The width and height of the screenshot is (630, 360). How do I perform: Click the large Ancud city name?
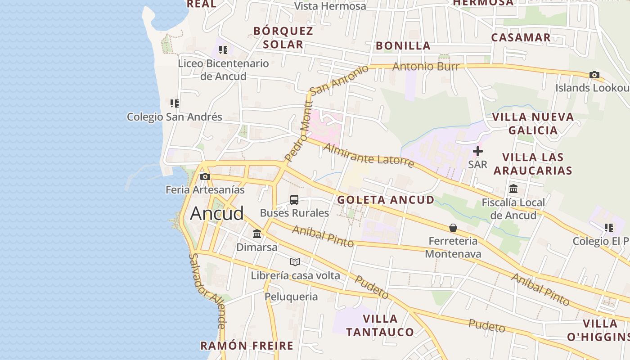217,213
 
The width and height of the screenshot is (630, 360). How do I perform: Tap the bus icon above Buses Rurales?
294,200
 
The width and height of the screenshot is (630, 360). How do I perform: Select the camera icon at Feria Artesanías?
205,176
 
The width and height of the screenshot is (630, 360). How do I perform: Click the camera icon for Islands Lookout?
594,75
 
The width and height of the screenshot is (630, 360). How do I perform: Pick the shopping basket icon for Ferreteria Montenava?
453,228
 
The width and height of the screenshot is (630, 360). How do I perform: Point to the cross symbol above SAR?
478,152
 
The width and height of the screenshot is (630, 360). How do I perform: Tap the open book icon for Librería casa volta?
295,262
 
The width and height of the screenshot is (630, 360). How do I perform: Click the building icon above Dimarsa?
257,234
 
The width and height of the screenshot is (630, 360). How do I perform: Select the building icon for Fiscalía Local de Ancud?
513,189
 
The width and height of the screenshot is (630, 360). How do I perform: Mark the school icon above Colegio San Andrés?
175,103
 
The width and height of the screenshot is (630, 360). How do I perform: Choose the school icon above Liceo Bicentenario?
223,50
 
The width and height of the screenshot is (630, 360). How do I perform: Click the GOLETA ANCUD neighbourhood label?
386,200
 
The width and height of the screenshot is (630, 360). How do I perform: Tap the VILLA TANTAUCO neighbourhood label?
380,325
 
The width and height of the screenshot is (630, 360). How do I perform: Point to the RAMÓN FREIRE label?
247,346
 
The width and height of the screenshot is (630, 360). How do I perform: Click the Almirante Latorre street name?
369,155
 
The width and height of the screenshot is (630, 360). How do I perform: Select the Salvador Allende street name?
207,291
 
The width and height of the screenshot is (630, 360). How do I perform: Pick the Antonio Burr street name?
426,67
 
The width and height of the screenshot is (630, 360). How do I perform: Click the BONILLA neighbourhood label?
403,45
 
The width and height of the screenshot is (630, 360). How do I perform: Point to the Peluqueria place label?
291,297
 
